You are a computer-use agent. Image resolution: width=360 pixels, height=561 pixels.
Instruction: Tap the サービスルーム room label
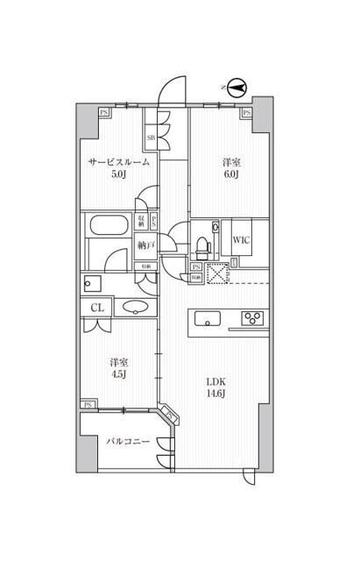(118, 163)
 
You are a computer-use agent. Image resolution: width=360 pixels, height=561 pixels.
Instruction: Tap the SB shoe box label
(151, 138)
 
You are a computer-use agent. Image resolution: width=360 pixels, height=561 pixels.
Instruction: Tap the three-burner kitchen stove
(252, 318)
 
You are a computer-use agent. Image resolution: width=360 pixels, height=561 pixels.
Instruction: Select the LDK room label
(217, 383)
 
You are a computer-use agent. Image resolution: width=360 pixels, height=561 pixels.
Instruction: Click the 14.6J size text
(217, 396)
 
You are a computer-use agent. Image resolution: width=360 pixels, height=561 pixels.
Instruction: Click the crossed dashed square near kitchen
(216, 273)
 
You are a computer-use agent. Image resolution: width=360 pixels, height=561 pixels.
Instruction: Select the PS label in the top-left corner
(104, 112)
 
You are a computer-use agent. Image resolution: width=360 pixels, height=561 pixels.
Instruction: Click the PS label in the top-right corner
(246, 112)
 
